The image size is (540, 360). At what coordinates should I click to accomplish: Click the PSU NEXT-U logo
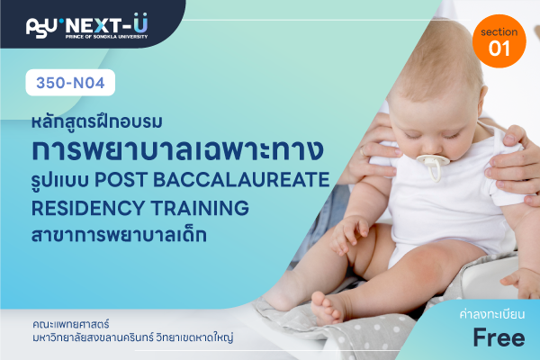pyautogui.click(x=86, y=26)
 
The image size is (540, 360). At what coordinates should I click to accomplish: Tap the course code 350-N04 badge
pyautogui.click(x=70, y=83)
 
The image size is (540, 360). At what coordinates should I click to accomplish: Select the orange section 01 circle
pyautogui.click(x=499, y=41)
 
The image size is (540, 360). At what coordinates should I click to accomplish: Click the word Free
pyautogui.click(x=499, y=337)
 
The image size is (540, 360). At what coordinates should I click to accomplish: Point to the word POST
pyautogui.click(x=121, y=179)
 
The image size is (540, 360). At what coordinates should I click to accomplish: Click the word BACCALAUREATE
pyautogui.click(x=241, y=179)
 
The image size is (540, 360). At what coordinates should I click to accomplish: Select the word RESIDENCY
pyautogui.click(x=88, y=208)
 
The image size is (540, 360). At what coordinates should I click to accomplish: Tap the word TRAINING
pyautogui.click(x=200, y=208)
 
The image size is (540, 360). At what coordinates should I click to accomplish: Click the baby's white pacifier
pyautogui.click(x=433, y=166)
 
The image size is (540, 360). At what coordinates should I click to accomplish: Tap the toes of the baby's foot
pyautogui.click(x=326, y=309)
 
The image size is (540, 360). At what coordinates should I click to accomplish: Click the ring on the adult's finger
pyautogui.click(x=362, y=150)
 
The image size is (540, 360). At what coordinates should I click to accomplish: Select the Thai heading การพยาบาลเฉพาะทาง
pyautogui.click(x=177, y=150)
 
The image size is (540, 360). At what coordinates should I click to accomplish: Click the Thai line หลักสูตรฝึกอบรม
pyautogui.click(x=97, y=121)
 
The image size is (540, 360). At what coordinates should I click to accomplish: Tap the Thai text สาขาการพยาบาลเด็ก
pyautogui.click(x=119, y=235)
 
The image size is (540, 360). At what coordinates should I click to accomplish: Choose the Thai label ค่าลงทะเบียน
pyautogui.click(x=492, y=314)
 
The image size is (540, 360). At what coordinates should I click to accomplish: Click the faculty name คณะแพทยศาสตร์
pyautogui.click(x=71, y=324)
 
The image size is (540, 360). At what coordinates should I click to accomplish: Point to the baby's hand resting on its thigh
pyautogui.click(x=347, y=234)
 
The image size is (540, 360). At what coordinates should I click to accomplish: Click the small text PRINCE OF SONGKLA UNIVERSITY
pyautogui.click(x=107, y=37)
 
